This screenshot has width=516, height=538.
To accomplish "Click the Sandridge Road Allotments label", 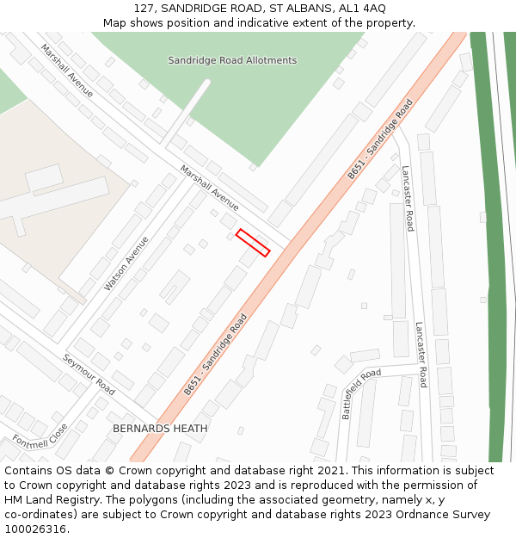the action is coord(232,60).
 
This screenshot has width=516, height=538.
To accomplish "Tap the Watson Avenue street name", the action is coord(126,263).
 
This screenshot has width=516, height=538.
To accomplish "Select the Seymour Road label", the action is coord(88,374).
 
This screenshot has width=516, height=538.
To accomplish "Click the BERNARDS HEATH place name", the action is coord(160,428).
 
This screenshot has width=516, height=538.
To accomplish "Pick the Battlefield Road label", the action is coord(360,393).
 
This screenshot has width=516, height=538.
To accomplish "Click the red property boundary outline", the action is coord(253,242).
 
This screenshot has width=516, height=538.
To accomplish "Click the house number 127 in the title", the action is coord(144,8).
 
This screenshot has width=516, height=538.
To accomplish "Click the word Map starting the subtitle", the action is coord(114,22).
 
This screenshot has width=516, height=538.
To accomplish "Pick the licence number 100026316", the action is coord(36,529).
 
